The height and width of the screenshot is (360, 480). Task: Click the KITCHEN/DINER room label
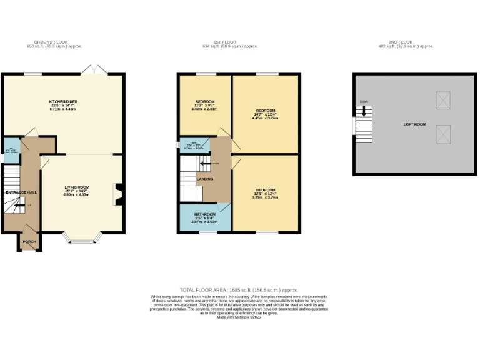[x=62, y=101]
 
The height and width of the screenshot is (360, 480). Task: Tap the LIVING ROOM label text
[x=76, y=187]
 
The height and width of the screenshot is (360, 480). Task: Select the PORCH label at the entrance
[x=29, y=241]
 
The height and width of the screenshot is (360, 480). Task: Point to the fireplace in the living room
[x=117, y=194]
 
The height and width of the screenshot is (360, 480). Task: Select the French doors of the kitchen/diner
[x=96, y=69]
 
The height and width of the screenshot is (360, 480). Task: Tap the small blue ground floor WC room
[x=11, y=150]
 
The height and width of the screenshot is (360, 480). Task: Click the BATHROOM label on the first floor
[x=204, y=214]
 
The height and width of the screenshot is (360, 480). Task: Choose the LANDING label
[x=205, y=179]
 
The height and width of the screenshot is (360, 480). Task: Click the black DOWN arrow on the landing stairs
[x=206, y=164]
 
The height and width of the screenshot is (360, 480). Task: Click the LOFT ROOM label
[x=415, y=124]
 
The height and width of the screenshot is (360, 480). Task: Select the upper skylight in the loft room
[x=442, y=99]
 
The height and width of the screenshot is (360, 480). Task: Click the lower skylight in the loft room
[x=442, y=133]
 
